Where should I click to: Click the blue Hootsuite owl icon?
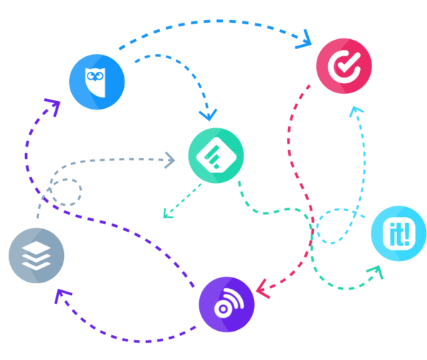click(x=97, y=83)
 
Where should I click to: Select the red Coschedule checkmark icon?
click(x=344, y=65)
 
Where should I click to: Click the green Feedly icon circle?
click(x=216, y=157)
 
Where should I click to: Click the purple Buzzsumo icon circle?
click(x=227, y=305)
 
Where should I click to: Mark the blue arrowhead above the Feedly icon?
click(x=209, y=114)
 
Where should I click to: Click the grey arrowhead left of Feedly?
click(x=171, y=159)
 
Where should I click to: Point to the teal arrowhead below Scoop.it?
click(x=374, y=272)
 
